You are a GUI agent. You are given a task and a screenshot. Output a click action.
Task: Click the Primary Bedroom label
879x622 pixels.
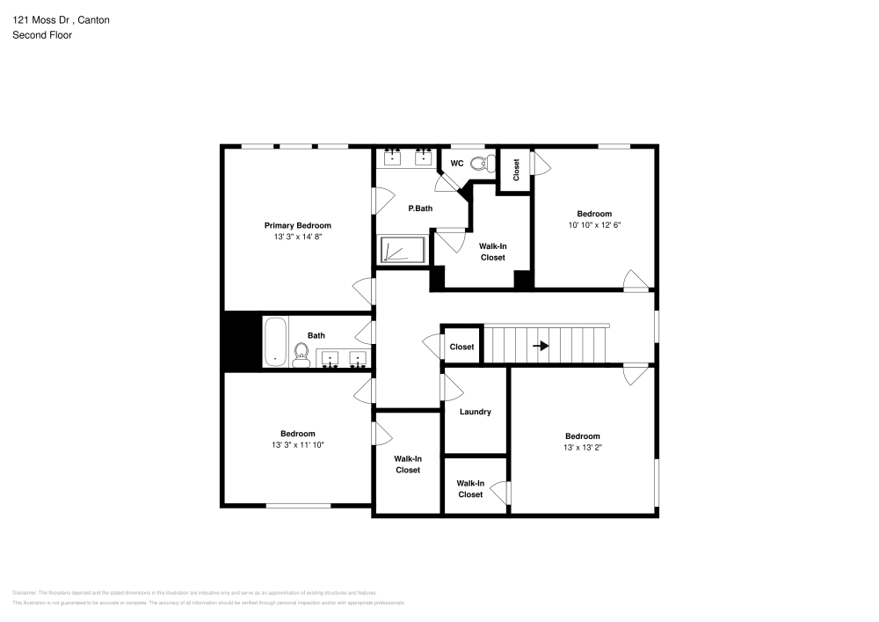click(297, 225)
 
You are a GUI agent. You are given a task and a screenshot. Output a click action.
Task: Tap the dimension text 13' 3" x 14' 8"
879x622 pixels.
click(297, 237)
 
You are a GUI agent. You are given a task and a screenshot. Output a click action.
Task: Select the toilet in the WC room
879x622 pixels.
click(481, 163)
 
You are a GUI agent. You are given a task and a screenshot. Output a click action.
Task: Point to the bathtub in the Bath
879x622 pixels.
click(274, 341)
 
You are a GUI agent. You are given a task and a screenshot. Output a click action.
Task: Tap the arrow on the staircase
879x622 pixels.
click(541, 346)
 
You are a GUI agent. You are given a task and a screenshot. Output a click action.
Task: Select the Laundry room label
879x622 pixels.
click(475, 412)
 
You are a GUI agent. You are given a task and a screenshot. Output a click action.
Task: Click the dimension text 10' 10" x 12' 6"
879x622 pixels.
click(594, 225)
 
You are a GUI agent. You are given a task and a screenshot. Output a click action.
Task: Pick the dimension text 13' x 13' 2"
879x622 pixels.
click(582, 448)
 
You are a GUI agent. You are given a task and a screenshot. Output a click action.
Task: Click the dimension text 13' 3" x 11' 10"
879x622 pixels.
click(298, 445)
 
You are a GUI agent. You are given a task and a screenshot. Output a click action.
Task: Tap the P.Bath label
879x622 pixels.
click(420, 209)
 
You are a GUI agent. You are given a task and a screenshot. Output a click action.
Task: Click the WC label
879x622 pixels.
click(457, 164)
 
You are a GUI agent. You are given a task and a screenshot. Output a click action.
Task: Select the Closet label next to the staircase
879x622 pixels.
click(461, 347)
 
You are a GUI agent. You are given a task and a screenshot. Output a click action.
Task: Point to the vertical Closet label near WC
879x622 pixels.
click(516, 169)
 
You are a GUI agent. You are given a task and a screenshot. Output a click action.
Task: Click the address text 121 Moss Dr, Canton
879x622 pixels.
click(61, 19)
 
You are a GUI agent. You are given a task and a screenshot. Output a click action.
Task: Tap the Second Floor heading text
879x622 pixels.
click(42, 35)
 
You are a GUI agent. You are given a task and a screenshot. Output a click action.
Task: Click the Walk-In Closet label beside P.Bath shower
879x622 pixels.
click(492, 252)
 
